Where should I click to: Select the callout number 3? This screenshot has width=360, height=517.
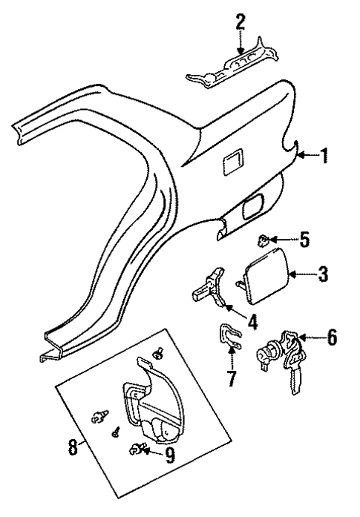tap(322, 275)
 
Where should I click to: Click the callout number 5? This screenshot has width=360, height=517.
tap(304, 240)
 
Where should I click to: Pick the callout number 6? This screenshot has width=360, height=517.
tap(332, 337)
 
